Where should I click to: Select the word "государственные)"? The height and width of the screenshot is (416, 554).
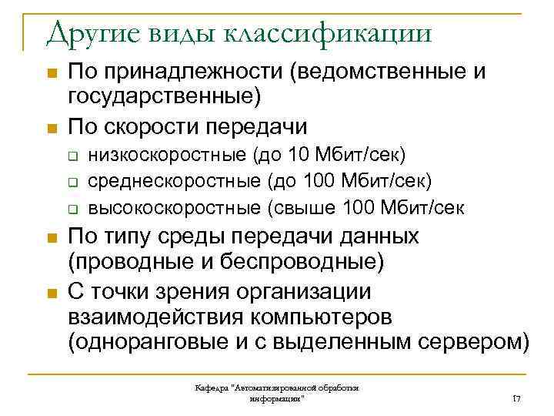pyautogui.click(x=165, y=96)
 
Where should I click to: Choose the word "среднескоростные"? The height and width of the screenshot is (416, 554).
pyautogui.click(x=174, y=180)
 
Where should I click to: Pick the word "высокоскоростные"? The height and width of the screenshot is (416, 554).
pyautogui.click(x=175, y=207)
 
